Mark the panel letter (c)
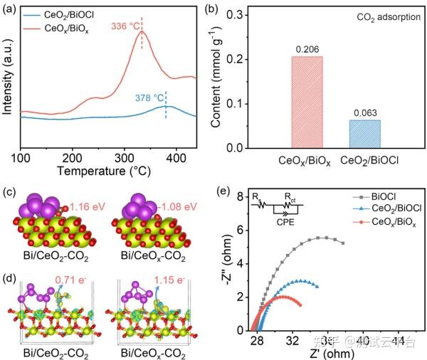click(9, 192)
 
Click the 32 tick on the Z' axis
click(292, 342)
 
